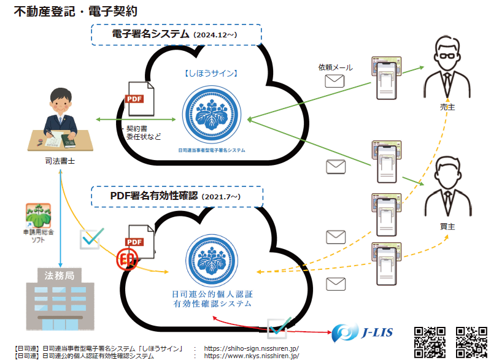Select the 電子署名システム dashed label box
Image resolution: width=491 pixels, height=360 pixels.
(176, 34)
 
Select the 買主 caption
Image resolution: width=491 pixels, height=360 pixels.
(447, 226)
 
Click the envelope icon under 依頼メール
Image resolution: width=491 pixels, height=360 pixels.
(335, 82)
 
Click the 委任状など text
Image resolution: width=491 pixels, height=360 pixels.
(144, 137)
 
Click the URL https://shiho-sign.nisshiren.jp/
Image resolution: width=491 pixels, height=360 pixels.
(252, 348)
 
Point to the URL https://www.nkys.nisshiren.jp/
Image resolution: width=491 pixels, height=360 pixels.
(252, 356)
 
